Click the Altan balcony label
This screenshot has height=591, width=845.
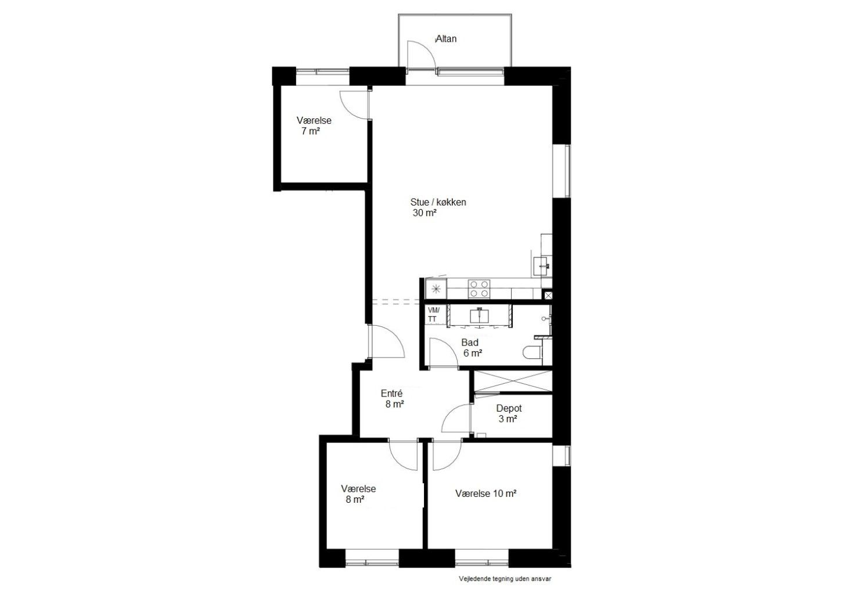pos(446,38)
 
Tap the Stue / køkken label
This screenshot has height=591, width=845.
pos(438,202)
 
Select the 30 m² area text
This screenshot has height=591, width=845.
pos(425,212)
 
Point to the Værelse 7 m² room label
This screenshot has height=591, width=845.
pos(313,125)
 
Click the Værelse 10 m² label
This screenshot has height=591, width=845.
pos(486,493)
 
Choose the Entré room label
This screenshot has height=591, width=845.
pos(391,394)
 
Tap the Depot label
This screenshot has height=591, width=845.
pos(509,408)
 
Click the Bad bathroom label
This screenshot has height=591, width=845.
pos(470,343)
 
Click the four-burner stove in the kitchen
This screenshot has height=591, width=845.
pos(479,289)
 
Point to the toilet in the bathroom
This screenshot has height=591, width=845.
pos(533,352)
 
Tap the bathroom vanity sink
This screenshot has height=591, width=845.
pos(479,316)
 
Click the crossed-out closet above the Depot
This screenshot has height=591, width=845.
pos(513,381)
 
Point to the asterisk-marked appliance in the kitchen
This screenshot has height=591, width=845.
pos(436,289)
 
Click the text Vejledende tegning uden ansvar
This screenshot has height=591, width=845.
pos(505,579)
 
